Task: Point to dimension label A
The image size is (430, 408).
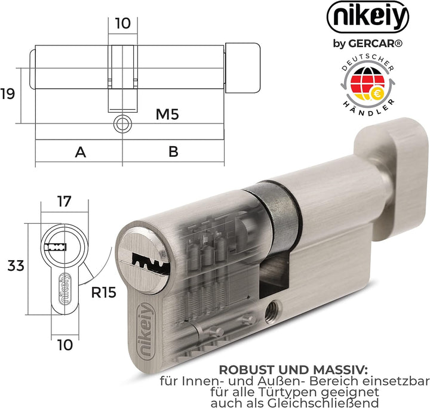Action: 79,152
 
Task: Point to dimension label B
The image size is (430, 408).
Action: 173,152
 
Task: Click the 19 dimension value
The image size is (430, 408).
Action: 8,94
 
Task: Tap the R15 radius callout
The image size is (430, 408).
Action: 102,293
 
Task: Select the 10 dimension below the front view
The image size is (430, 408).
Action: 64,344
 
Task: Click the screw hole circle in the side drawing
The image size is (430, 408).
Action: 122,124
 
